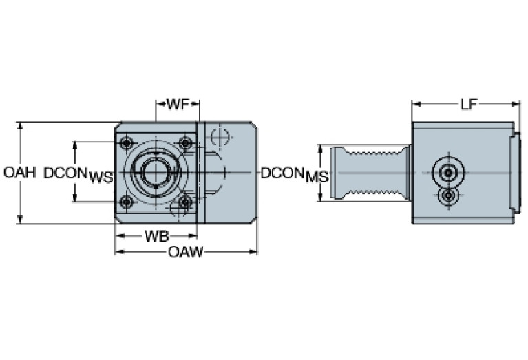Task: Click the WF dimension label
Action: point(178,105)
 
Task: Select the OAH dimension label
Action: point(19,173)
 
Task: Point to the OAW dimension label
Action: point(186,253)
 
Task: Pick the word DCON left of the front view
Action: point(65,173)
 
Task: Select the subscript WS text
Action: point(101,178)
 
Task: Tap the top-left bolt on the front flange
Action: point(126,143)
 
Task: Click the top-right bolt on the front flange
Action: point(184,143)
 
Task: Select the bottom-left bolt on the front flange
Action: point(126,202)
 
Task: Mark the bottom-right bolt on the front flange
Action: point(184,202)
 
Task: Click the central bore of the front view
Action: point(156,172)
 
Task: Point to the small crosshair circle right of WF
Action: point(220,136)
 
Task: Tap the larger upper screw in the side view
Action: point(448,171)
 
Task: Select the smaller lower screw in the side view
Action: point(449,197)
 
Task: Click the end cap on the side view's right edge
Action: point(516,173)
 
